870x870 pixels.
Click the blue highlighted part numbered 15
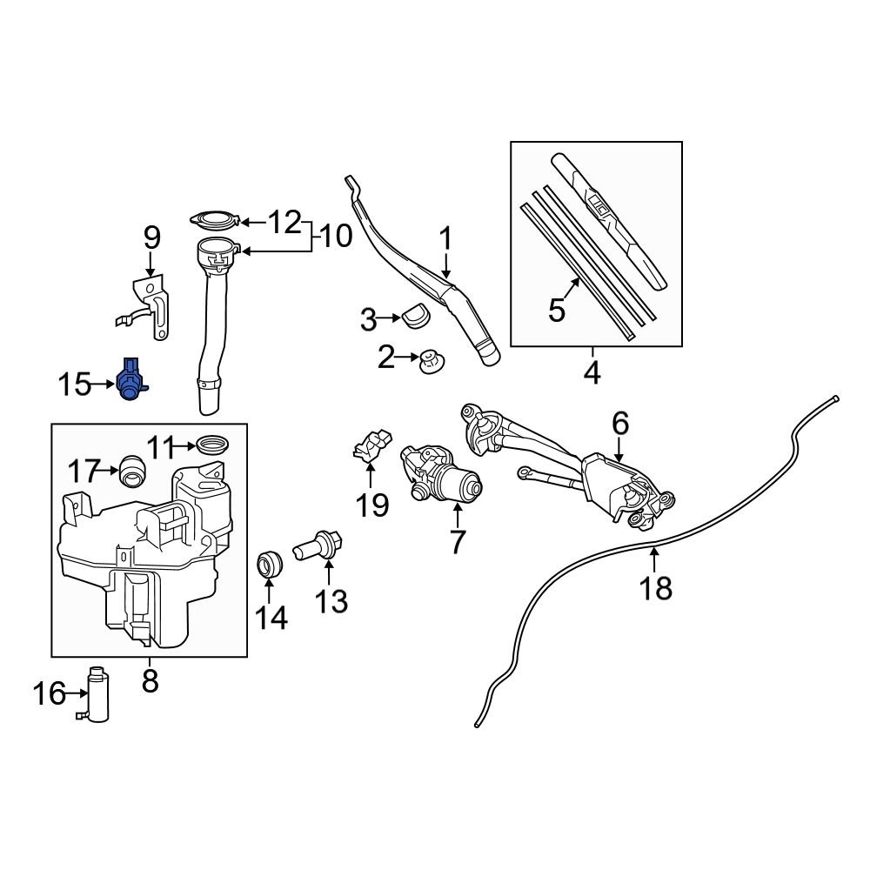[130, 380]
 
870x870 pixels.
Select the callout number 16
[50, 693]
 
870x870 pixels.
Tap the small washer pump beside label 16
[97, 693]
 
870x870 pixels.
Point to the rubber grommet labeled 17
[133, 470]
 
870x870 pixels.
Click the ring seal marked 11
[211, 445]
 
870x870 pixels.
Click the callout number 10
[334, 235]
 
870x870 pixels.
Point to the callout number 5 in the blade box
[558, 308]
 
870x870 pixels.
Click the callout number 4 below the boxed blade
[592, 371]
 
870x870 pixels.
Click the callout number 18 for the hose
[656, 588]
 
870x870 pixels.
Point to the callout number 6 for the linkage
[619, 424]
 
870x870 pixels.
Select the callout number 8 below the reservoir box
[150, 679]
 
